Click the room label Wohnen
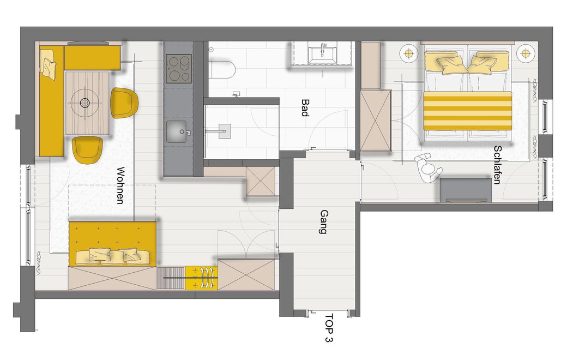(120, 185)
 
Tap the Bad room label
(304, 107)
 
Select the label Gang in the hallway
(323, 221)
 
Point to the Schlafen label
(497, 165)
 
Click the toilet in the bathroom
(223, 69)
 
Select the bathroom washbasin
(322, 53)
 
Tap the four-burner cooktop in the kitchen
(178, 68)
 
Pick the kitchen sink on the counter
(177, 131)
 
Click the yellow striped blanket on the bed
(467, 111)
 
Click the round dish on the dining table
(85, 103)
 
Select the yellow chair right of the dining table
(125, 103)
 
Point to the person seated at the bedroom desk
(428, 168)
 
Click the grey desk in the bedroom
(466, 190)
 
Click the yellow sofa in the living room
(112, 243)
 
